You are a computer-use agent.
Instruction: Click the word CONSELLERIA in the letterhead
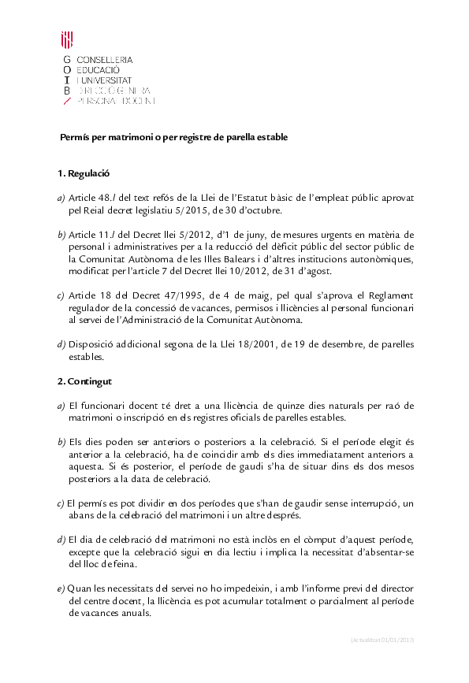[105, 60]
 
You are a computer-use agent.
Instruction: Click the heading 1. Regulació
[83, 174]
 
